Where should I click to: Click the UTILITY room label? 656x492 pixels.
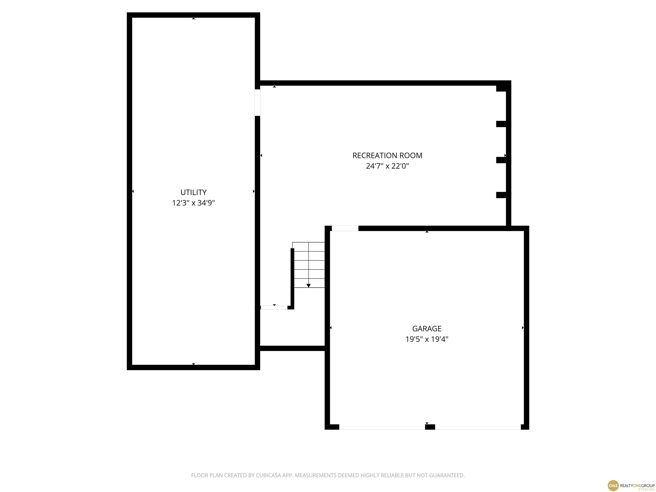pos(193,192)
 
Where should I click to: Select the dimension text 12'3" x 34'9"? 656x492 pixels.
pos(193,203)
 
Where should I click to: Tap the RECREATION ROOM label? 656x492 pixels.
pos(387,155)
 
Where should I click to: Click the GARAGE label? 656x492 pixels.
pos(427,329)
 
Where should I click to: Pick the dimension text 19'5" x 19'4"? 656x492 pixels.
pos(427,339)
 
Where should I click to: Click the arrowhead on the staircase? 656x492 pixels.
pos(308,286)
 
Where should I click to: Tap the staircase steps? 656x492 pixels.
pos(308,265)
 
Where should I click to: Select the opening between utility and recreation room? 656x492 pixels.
pos(257,102)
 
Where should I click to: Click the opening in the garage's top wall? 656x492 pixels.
pos(345,228)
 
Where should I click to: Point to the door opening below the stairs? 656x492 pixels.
pos(274,307)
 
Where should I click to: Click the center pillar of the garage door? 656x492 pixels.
pos(430,427)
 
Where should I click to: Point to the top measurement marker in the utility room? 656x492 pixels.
pos(193,18)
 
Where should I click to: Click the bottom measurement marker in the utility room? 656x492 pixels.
pos(193,364)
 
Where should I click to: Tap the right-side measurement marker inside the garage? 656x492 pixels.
pos(523,328)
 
